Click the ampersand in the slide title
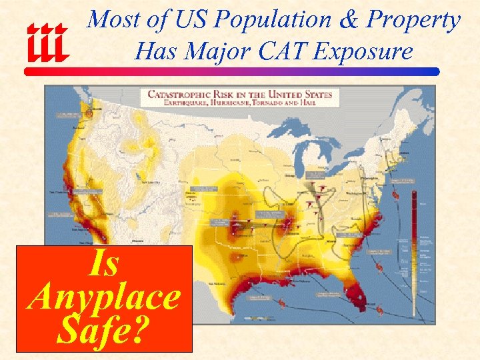coord(348,20)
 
